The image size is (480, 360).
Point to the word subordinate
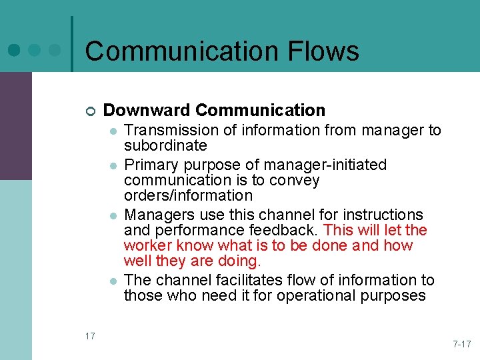pyautogui.click(x=165, y=145)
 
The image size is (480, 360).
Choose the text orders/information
pyautogui.click(x=188, y=196)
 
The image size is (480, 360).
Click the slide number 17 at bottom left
pyautogui.click(x=90, y=336)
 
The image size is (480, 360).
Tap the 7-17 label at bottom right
pyautogui.click(x=461, y=344)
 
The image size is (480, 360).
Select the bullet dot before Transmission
pyautogui.click(x=114, y=131)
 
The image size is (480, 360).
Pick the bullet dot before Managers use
pyautogui.click(x=114, y=215)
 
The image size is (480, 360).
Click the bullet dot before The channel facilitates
pyautogui.click(x=114, y=281)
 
